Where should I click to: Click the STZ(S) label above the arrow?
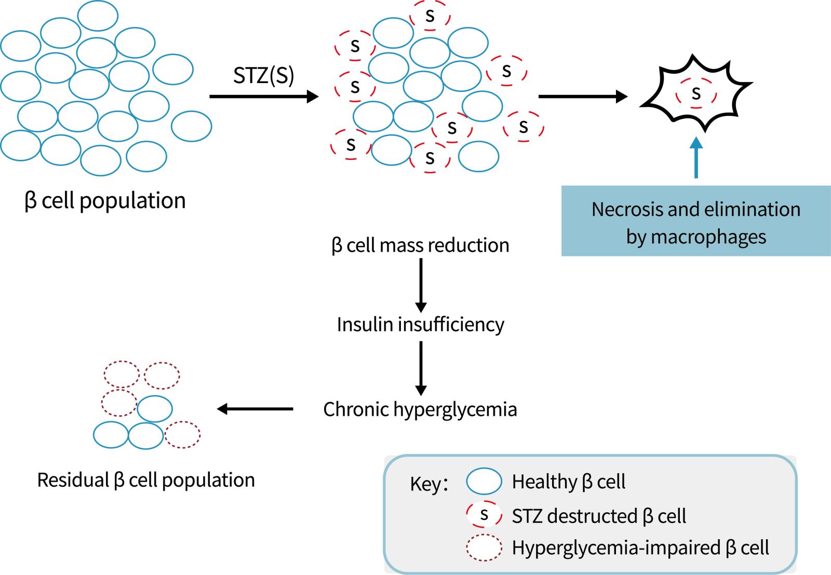[x=263, y=76]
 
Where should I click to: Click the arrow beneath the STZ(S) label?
[x=263, y=97]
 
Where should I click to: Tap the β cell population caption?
[x=105, y=201]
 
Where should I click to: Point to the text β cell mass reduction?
[x=420, y=245]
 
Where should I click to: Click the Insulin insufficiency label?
[x=420, y=324]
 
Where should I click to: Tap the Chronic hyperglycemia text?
[x=420, y=409]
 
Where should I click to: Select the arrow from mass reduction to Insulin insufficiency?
[x=421, y=285]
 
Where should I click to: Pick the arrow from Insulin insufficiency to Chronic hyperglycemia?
[x=421, y=368]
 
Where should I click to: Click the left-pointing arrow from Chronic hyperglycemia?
[x=255, y=409]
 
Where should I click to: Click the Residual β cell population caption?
[x=146, y=480]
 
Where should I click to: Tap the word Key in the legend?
[x=425, y=484]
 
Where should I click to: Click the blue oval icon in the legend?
[x=484, y=481]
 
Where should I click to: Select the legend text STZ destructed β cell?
[x=599, y=516]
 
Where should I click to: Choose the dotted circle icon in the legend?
[x=484, y=548]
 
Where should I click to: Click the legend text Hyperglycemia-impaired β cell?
[x=640, y=548]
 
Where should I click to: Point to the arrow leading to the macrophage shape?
[x=583, y=97]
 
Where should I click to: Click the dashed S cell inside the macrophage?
[x=696, y=94]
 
